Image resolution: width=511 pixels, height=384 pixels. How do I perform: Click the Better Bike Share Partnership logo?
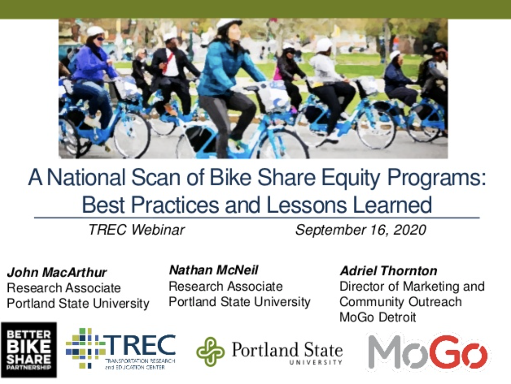(x=28, y=349)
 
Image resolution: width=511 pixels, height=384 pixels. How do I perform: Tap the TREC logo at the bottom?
(x=121, y=349)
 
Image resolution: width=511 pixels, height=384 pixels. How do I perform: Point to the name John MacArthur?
(x=57, y=273)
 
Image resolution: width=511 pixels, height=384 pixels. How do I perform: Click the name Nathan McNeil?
(x=213, y=270)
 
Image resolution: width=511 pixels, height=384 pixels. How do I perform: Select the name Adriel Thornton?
(x=388, y=271)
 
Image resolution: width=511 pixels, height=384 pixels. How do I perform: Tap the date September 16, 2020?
(x=360, y=230)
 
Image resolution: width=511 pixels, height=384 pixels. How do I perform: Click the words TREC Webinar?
(x=137, y=230)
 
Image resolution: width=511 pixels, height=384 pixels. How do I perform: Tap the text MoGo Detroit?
(x=378, y=317)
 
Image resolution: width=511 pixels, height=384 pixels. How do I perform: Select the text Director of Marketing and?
(x=412, y=286)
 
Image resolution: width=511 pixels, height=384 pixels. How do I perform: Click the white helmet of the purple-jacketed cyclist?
(x=95, y=31)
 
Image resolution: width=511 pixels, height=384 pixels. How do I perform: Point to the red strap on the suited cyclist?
(x=168, y=62)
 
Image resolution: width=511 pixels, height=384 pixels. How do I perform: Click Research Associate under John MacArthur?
(x=64, y=288)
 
